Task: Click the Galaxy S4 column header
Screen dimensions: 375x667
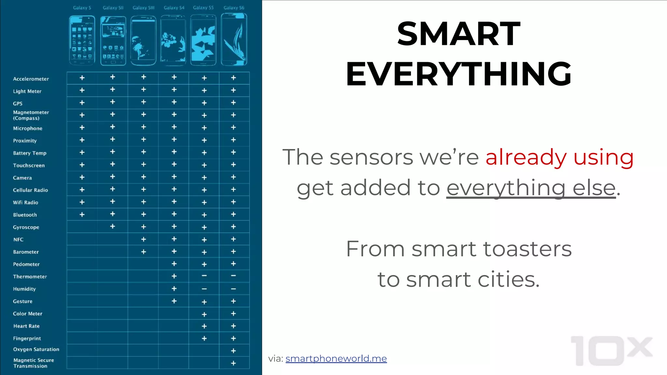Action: (x=174, y=7)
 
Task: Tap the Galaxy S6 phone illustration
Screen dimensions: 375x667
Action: (x=234, y=39)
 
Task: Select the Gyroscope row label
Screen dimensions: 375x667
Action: (x=26, y=227)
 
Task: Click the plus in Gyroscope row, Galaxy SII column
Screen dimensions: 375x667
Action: (x=112, y=226)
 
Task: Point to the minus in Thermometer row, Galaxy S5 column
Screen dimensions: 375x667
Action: (x=204, y=276)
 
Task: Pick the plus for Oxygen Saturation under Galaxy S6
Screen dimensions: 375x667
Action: (x=233, y=351)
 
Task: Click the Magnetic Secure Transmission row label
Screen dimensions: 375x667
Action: (x=34, y=363)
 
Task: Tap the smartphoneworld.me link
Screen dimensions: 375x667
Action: (x=336, y=358)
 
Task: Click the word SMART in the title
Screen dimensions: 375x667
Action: (x=458, y=34)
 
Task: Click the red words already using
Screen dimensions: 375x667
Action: (x=559, y=157)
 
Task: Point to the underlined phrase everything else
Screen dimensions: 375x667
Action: (x=531, y=188)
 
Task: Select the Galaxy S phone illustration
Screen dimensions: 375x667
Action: (x=82, y=40)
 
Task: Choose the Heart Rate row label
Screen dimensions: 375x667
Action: (x=26, y=326)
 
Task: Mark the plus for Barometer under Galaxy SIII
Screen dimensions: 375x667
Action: (x=143, y=252)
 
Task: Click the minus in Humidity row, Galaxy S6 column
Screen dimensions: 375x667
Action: (x=233, y=289)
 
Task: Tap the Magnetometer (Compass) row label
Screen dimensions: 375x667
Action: (x=31, y=115)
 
